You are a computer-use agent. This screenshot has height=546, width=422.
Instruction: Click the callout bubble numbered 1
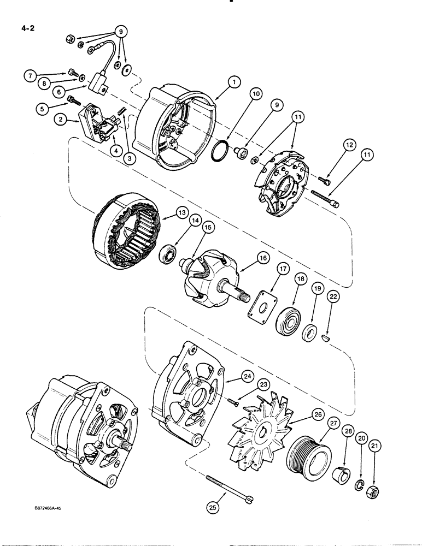(234, 82)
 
